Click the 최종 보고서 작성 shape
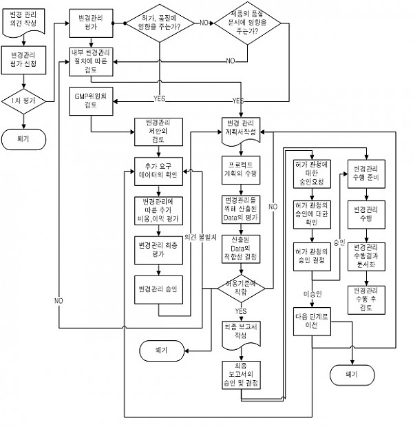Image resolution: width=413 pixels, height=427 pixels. (240, 331)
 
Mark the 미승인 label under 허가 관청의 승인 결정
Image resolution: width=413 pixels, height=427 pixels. (312, 295)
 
